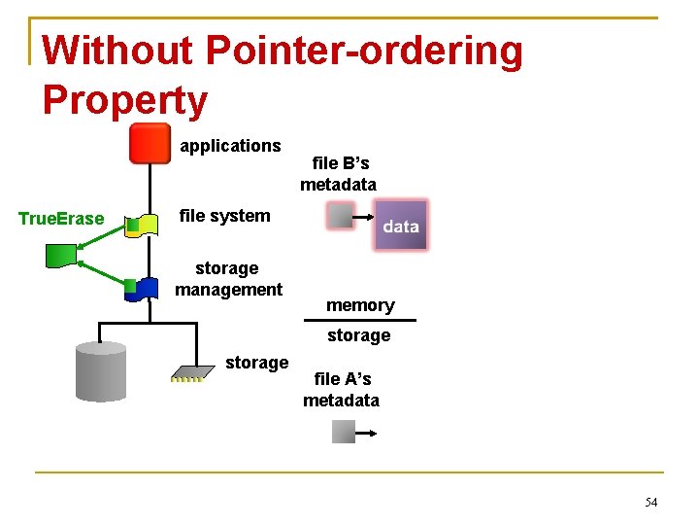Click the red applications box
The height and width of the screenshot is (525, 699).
[x=150, y=144]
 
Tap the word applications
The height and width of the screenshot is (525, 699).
[x=230, y=146]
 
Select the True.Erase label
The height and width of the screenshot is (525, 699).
[x=61, y=219]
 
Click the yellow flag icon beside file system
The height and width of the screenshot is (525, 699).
[x=143, y=226]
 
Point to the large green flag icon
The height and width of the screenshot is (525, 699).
[x=63, y=256]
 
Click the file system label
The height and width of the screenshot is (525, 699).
[x=225, y=216]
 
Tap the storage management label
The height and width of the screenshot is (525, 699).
[x=228, y=279]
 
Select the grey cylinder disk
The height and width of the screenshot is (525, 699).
[x=101, y=371]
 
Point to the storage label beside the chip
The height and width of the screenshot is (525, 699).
[x=256, y=363]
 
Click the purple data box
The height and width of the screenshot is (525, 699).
[x=400, y=226]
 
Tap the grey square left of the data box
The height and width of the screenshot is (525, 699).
[x=340, y=215]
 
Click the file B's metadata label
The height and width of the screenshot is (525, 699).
[x=339, y=174]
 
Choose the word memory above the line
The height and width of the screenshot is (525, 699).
[x=360, y=305]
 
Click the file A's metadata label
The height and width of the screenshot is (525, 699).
[x=341, y=390]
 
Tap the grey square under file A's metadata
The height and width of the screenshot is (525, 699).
[x=344, y=431]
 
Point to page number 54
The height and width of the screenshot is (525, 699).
[x=650, y=503]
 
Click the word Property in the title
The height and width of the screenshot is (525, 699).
[x=125, y=100]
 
